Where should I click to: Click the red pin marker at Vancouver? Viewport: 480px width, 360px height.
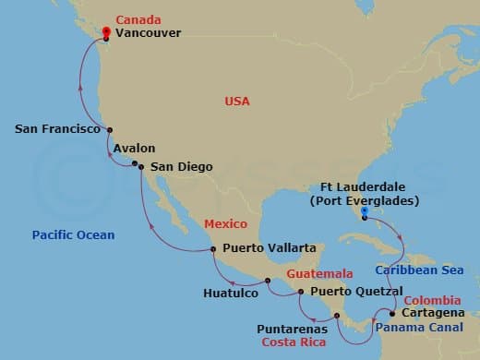pyautogui.click(x=106, y=33)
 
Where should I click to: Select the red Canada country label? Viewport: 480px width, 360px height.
pyautogui.click(x=137, y=18)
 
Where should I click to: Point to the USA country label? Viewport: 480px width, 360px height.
pyautogui.click(x=239, y=100)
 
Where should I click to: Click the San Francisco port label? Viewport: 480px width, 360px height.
pyautogui.click(x=57, y=130)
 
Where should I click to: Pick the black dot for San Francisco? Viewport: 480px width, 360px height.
pyautogui.click(x=110, y=130)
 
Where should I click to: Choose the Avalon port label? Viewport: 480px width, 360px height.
pyautogui.click(x=134, y=148)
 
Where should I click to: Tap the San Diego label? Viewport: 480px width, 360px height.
pyautogui.click(x=181, y=166)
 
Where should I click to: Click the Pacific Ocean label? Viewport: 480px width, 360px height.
pyautogui.click(x=74, y=234)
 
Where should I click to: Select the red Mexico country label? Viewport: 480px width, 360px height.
pyautogui.click(x=225, y=222)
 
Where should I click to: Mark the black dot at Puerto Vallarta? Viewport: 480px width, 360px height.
pyautogui.click(x=213, y=248)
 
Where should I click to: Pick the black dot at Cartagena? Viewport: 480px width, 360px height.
pyautogui.click(x=392, y=314)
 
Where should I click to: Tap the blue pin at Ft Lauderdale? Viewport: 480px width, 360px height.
pyautogui.click(x=366, y=211)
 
